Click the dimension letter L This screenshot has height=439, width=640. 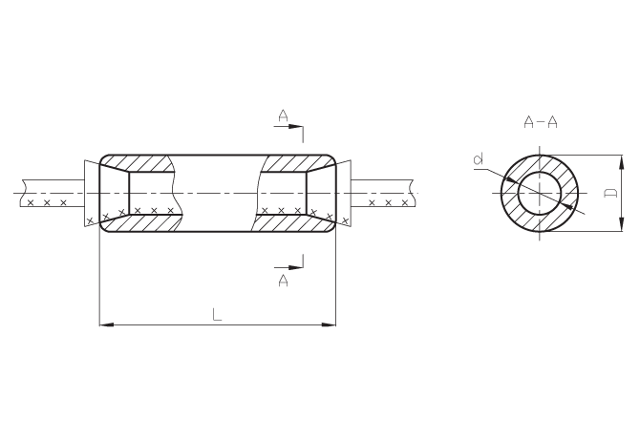217,314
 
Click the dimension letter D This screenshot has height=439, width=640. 610,193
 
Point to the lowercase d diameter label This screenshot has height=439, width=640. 480,158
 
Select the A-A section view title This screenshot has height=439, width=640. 541,122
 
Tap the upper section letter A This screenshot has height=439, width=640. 283,115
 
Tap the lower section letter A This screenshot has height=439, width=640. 283,280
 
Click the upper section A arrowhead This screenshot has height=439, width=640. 295,126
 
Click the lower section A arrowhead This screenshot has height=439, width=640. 295,268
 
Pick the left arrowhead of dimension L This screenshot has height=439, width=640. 107,324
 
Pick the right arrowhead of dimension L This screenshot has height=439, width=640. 329,324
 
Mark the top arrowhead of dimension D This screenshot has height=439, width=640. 622,162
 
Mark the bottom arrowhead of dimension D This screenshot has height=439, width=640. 622,223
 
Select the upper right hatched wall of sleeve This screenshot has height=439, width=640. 298,163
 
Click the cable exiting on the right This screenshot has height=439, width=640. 383,193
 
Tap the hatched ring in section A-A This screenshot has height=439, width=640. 540,163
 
